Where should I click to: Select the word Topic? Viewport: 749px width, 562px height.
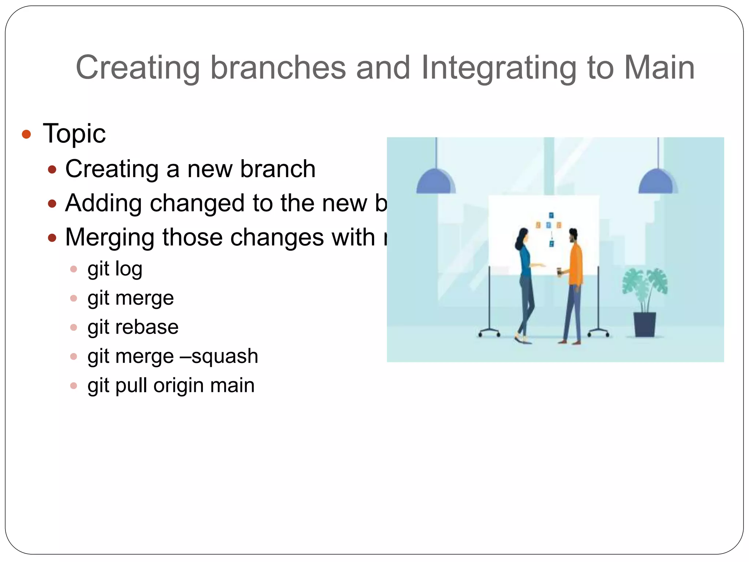(x=74, y=134)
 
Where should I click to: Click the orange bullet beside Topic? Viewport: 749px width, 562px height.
(x=26, y=134)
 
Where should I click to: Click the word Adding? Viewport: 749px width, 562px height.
(x=103, y=203)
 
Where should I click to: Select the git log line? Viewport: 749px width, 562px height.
(x=114, y=269)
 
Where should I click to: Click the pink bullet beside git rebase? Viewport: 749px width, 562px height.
(x=74, y=327)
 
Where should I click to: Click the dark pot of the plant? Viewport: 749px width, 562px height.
(x=645, y=324)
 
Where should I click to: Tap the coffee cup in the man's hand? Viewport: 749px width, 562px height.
(x=559, y=272)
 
